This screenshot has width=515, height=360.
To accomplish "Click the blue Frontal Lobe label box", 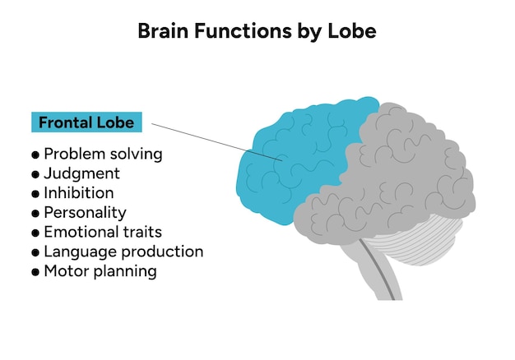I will click(x=86, y=122).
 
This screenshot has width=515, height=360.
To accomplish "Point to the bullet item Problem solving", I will click(x=102, y=154).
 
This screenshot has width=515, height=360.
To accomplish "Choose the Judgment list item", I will click(x=81, y=173).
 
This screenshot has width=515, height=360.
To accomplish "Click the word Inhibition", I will click(x=79, y=193).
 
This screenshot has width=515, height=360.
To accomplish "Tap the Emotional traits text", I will click(x=102, y=232).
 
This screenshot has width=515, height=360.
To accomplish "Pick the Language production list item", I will click(x=123, y=252).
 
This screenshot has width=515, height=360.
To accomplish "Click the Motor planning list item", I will click(x=100, y=271).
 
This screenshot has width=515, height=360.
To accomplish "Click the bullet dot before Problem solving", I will click(x=35, y=155).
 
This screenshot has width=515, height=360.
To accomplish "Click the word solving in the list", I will click(x=137, y=155).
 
